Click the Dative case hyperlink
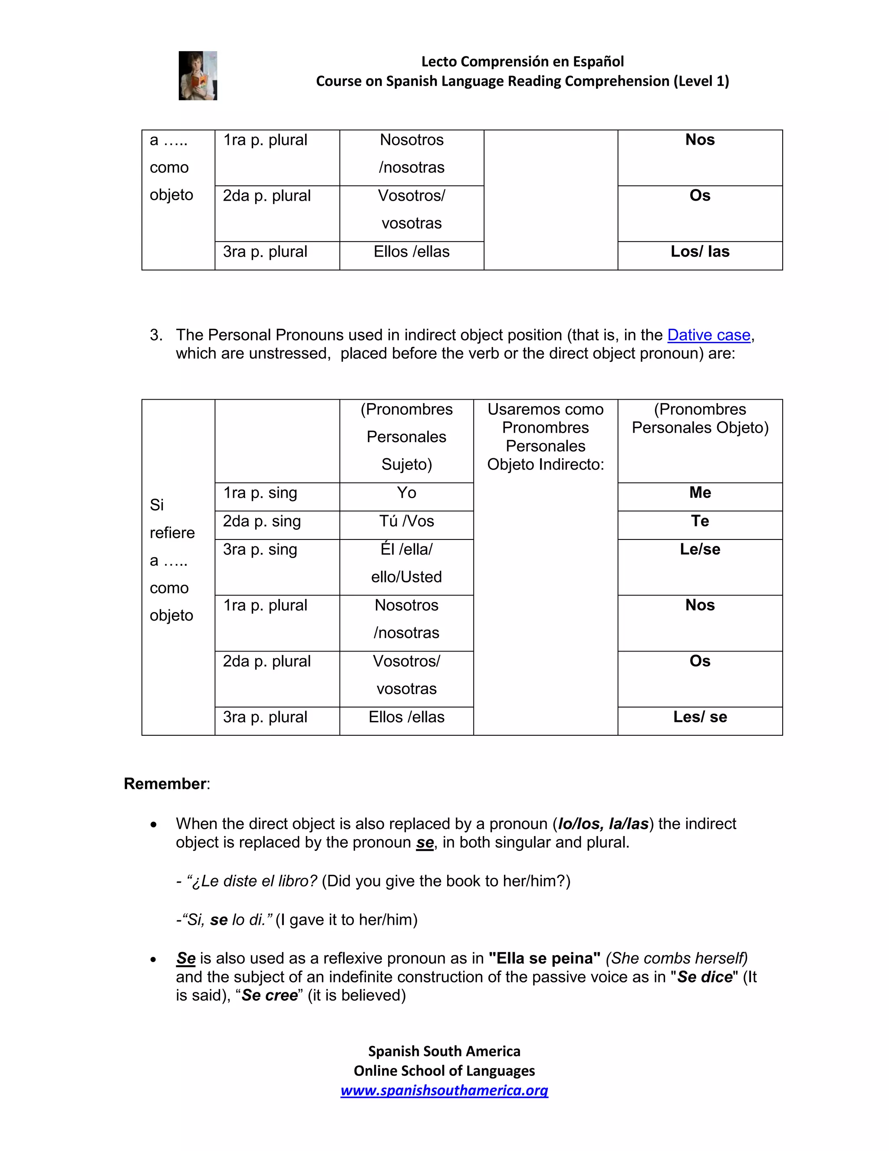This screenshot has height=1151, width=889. (708, 335)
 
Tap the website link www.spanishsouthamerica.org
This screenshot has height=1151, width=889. (444, 1090)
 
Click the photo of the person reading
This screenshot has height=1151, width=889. (198, 76)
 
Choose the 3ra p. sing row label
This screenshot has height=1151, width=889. (260, 550)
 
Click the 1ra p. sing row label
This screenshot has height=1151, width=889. (260, 493)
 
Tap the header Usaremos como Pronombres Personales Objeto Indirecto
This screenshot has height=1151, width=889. (545, 437)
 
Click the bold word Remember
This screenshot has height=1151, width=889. (165, 784)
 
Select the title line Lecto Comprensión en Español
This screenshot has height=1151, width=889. (522, 62)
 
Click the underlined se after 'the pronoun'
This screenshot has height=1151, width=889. (425, 843)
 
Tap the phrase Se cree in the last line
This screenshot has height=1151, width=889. (269, 996)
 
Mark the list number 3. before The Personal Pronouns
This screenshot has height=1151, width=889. (156, 335)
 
